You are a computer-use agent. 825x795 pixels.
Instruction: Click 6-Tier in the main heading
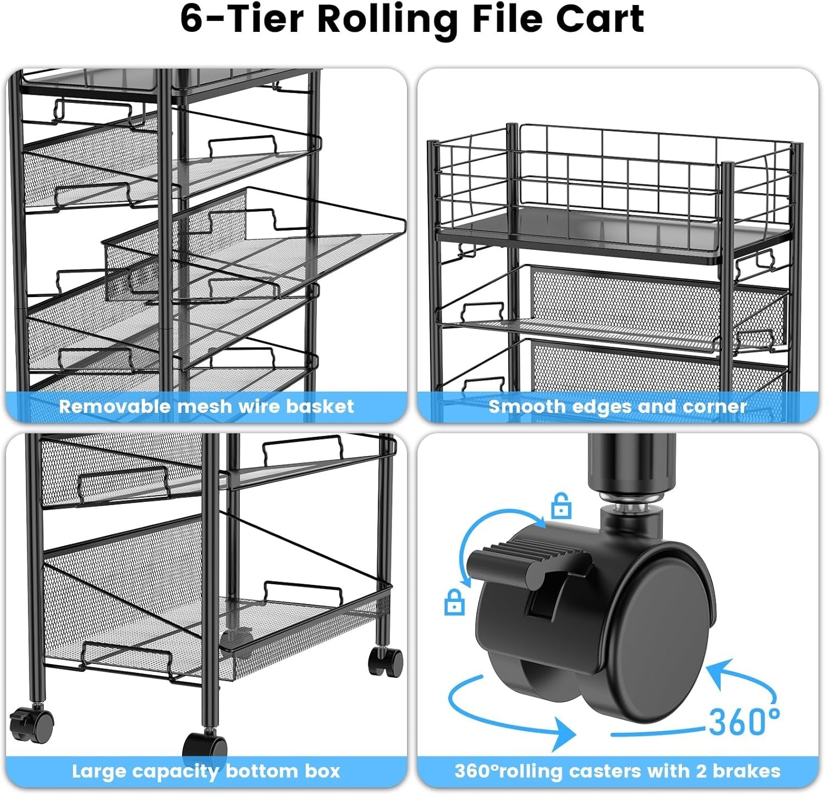point(242,19)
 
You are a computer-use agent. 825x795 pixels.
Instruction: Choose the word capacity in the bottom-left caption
point(168,771)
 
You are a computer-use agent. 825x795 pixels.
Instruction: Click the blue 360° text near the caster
point(744,721)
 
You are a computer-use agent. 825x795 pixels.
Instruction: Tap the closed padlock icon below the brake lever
point(454,602)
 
